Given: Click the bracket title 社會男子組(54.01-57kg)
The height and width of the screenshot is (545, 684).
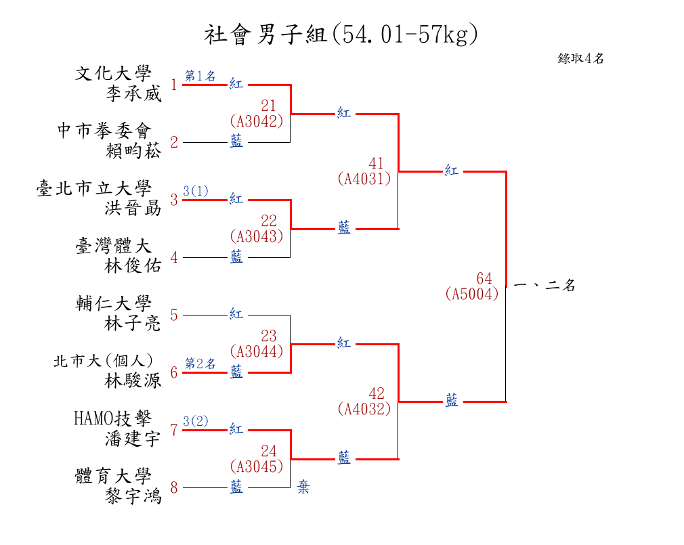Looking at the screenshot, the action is [341, 35].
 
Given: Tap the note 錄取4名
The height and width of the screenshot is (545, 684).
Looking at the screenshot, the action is [580, 58].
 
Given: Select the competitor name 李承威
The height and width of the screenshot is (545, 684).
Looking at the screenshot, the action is [133, 93].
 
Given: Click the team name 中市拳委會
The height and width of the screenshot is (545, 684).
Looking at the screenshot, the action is [105, 131].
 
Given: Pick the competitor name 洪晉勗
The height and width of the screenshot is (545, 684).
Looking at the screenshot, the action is [133, 209].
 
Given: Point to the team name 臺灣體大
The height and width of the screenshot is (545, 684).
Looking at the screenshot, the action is [113, 246].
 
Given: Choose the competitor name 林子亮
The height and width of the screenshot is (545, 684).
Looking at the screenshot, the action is [133, 324].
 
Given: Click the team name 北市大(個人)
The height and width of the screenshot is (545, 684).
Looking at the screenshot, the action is [104, 361].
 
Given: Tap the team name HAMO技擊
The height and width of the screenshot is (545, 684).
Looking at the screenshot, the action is [112, 418].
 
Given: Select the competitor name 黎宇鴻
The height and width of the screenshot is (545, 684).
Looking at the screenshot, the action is [133, 496].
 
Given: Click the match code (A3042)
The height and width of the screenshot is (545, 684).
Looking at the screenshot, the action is [257, 121].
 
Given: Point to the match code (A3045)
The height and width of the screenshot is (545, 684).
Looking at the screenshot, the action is [257, 466].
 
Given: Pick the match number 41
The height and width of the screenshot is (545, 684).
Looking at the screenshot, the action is [376, 163].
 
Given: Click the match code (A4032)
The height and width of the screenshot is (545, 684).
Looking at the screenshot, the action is [364, 408].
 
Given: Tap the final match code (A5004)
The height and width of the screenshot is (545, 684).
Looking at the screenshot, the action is [472, 293].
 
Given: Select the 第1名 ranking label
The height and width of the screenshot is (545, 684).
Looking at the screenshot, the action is [200, 76].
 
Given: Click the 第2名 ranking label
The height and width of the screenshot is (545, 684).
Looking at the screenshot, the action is [200, 363].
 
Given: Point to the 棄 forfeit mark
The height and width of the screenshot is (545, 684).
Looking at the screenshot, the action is [303, 487].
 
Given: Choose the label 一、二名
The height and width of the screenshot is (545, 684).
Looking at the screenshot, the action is [545, 285].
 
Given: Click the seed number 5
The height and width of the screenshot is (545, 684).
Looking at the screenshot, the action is [174, 315].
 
